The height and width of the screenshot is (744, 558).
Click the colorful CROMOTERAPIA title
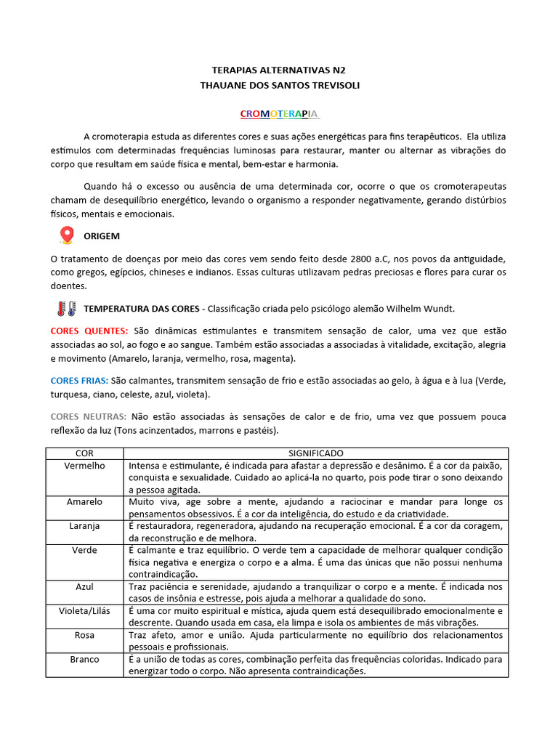click(x=280, y=115)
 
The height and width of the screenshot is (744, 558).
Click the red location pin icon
click(x=67, y=235)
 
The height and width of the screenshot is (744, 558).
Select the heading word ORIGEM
click(x=102, y=236)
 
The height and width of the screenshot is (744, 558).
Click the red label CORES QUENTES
click(x=89, y=331)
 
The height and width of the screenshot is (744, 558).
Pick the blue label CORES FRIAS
click(x=79, y=381)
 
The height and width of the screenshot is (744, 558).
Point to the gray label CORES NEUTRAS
click(x=88, y=416)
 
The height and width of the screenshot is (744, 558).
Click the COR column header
click(x=84, y=453)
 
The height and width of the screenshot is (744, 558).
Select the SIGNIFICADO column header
click(x=315, y=453)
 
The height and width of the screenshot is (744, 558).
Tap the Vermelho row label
click(x=84, y=465)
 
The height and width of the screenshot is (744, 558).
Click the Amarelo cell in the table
click(x=84, y=501)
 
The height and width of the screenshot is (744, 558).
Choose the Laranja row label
click(x=84, y=525)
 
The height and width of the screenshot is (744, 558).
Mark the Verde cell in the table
click(x=84, y=550)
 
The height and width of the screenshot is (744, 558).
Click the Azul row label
click(x=84, y=586)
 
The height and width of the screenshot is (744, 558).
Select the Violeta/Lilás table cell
click(x=84, y=610)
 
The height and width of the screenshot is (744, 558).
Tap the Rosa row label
click(x=84, y=634)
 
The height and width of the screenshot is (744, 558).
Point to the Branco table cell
click(x=84, y=659)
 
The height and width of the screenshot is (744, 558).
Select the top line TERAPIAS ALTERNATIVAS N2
click(x=279, y=71)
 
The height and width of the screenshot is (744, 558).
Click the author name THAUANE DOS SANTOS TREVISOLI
click(x=279, y=86)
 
